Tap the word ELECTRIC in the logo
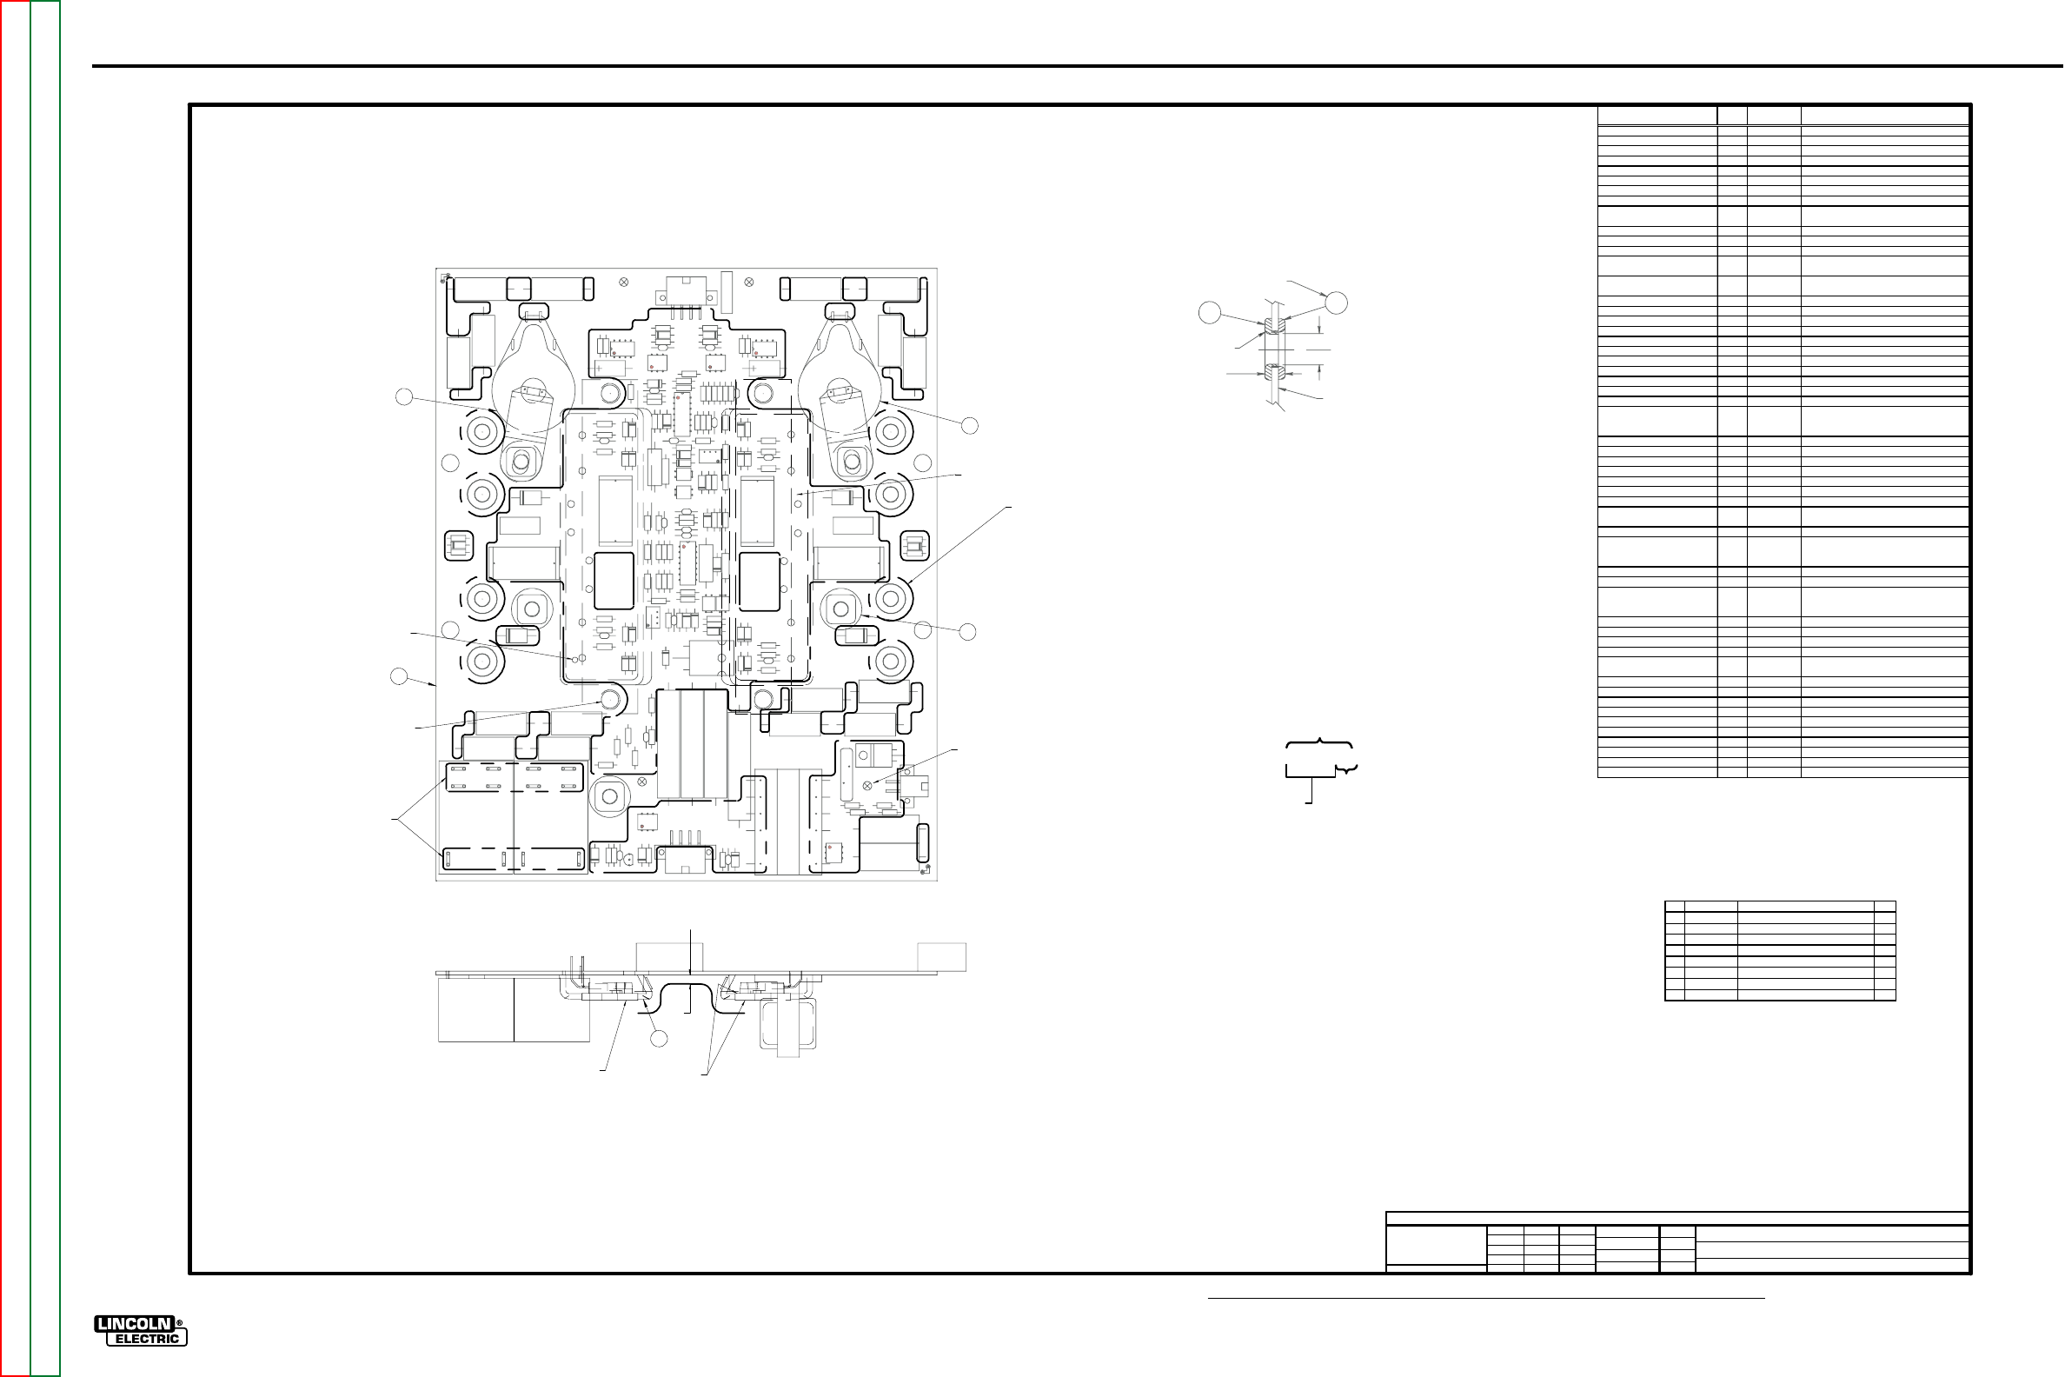148,1339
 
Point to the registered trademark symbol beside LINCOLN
180,1323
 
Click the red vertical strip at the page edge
15,688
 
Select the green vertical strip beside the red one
45,688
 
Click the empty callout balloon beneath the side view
659,1039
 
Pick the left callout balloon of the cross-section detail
1210,312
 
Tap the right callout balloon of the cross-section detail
1336,303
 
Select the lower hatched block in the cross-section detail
1275,374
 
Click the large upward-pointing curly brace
1319,746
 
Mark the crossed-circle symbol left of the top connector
623,282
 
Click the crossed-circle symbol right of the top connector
749,282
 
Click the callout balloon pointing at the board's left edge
399,676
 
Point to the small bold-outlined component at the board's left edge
456,546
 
